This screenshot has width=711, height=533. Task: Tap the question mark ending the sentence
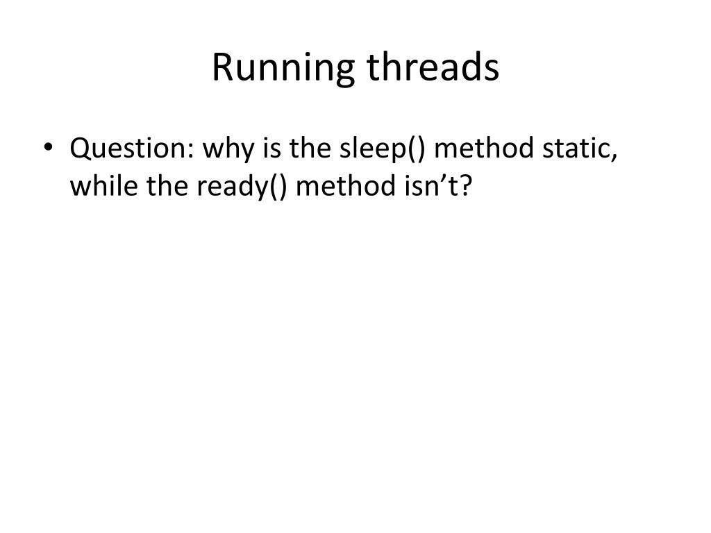point(465,185)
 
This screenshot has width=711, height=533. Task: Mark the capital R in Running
point(221,68)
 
